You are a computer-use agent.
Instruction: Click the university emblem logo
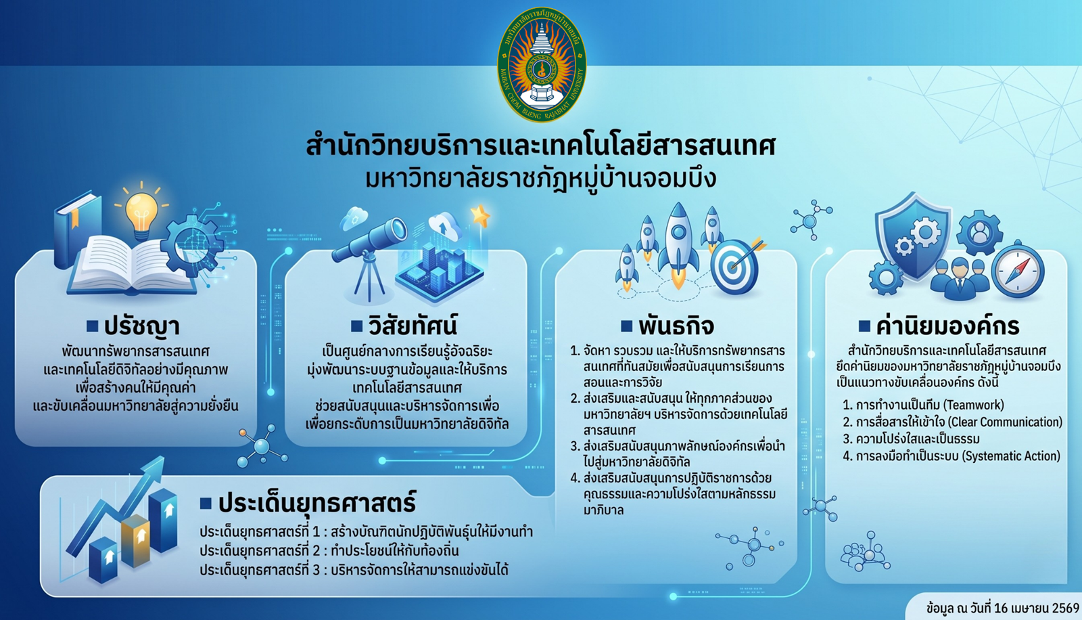542,64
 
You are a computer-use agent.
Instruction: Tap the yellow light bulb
141,213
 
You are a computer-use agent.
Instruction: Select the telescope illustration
370,257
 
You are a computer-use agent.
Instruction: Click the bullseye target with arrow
735,266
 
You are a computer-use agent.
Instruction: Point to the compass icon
1018,270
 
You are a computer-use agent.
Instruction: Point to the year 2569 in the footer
1065,608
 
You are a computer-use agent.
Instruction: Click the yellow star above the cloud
481,216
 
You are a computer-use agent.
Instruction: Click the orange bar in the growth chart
135,541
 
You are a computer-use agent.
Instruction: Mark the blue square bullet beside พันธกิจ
626,326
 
